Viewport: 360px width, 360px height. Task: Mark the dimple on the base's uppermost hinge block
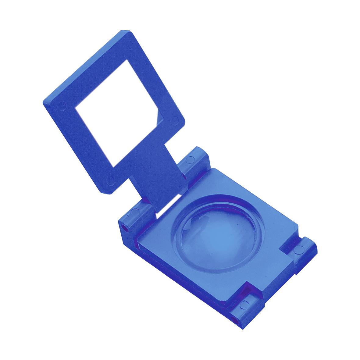click(x=191, y=159)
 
